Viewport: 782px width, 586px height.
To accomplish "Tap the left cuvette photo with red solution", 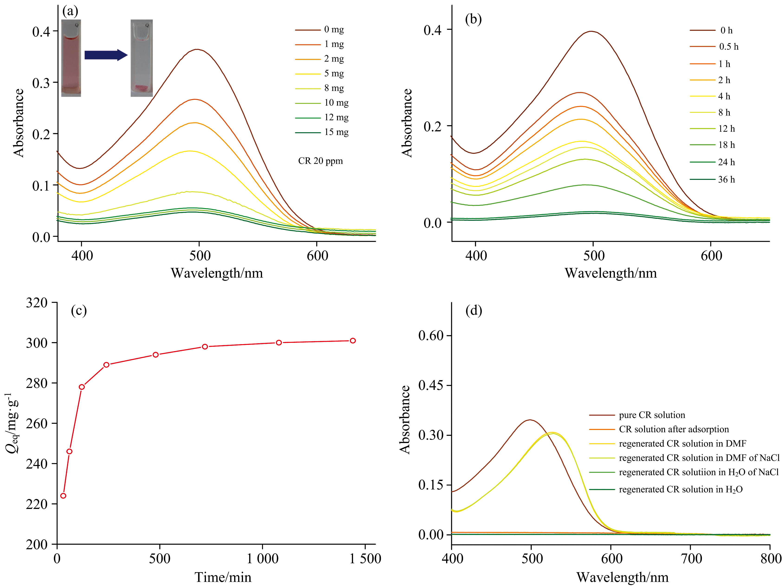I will point(71,58).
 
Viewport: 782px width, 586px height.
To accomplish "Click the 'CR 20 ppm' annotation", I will point(320,161).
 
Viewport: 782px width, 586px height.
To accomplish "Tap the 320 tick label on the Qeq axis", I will point(36,303).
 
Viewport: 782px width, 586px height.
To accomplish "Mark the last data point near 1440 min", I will point(352,341).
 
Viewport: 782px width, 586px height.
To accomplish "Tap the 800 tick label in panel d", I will point(770,559).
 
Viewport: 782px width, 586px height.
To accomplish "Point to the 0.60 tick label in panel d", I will point(431,335).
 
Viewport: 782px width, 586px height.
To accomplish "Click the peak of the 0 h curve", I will point(591,32).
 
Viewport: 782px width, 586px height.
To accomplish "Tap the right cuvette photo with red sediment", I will point(142,58).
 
